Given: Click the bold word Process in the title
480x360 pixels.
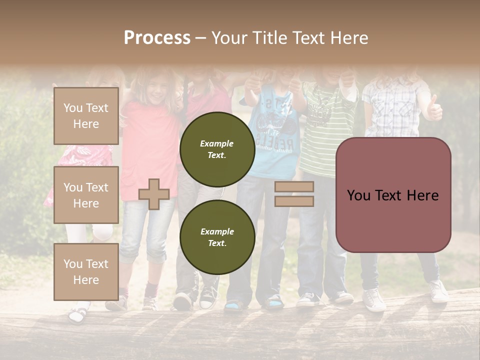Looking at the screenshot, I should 157,38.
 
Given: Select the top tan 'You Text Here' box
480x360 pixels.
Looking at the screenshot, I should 86,116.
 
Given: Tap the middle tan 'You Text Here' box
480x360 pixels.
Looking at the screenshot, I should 86,195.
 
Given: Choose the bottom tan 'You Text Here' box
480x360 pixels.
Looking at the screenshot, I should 86,271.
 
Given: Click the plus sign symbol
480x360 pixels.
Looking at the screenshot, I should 154,194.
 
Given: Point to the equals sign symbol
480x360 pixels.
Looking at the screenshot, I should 294,194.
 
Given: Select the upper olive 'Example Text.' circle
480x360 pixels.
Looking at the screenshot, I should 217,149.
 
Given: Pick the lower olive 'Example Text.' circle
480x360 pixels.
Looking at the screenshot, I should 217,237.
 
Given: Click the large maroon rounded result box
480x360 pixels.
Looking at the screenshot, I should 393,195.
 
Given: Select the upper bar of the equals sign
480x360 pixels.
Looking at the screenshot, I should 294,187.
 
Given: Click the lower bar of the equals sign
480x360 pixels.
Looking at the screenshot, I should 294,201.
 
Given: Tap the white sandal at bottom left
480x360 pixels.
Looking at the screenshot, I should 78,314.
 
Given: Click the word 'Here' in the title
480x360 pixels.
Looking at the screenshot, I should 348,38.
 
